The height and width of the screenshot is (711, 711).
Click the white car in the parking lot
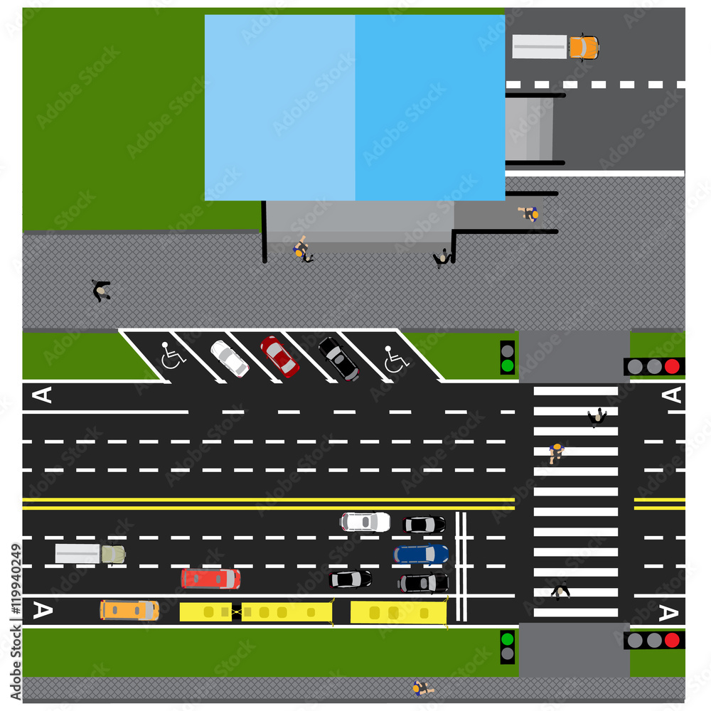230,358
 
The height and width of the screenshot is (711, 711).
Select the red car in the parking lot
279,356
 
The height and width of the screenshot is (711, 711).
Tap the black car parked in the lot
339,358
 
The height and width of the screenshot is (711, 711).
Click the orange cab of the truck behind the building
584,47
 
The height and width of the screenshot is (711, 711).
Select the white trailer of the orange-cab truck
540,47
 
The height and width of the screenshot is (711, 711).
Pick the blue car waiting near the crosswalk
421,554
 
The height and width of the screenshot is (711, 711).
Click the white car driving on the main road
365,522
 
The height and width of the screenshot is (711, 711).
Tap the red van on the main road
210,578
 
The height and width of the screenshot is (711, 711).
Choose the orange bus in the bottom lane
129,609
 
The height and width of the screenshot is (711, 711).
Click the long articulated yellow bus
256,611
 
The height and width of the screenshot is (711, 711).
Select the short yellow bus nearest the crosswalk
398,611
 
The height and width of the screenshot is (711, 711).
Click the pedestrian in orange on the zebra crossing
556,451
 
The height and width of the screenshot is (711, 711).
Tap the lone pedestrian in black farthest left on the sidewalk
101,290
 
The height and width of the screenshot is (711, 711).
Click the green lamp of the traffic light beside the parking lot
507,366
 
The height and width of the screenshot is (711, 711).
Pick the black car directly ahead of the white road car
424,525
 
